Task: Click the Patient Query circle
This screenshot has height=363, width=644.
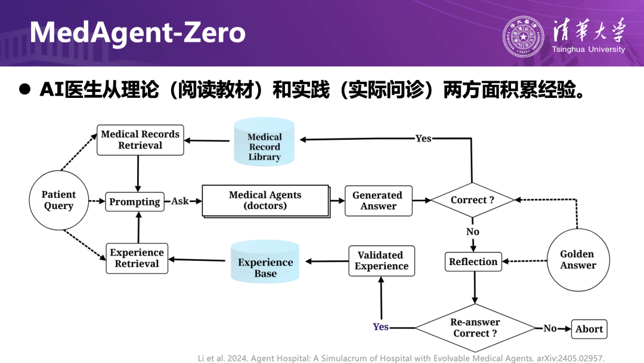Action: click(x=58, y=200)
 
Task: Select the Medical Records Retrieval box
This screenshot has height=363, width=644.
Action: click(x=140, y=140)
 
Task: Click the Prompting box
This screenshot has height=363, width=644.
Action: click(x=135, y=202)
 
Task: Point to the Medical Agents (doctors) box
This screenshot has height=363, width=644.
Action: click(x=265, y=201)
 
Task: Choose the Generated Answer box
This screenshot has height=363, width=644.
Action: click(x=378, y=201)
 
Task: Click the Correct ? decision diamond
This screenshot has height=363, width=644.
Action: click(x=472, y=200)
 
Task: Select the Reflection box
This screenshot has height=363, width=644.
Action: click(x=473, y=262)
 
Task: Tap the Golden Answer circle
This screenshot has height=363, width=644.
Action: click(x=577, y=260)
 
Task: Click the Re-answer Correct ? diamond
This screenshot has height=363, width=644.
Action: click(x=475, y=328)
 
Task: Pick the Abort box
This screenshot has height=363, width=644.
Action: click(x=589, y=329)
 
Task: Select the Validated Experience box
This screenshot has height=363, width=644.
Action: click(x=381, y=261)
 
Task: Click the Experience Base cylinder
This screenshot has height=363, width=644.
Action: click(x=265, y=263)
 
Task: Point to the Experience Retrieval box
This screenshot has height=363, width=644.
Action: click(x=137, y=258)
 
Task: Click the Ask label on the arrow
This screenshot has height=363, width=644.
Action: click(x=179, y=201)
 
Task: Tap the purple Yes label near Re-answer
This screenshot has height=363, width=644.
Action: click(x=380, y=327)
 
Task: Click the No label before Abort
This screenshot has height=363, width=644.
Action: click(x=550, y=328)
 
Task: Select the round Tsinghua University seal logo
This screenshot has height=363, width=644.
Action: click(x=523, y=37)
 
